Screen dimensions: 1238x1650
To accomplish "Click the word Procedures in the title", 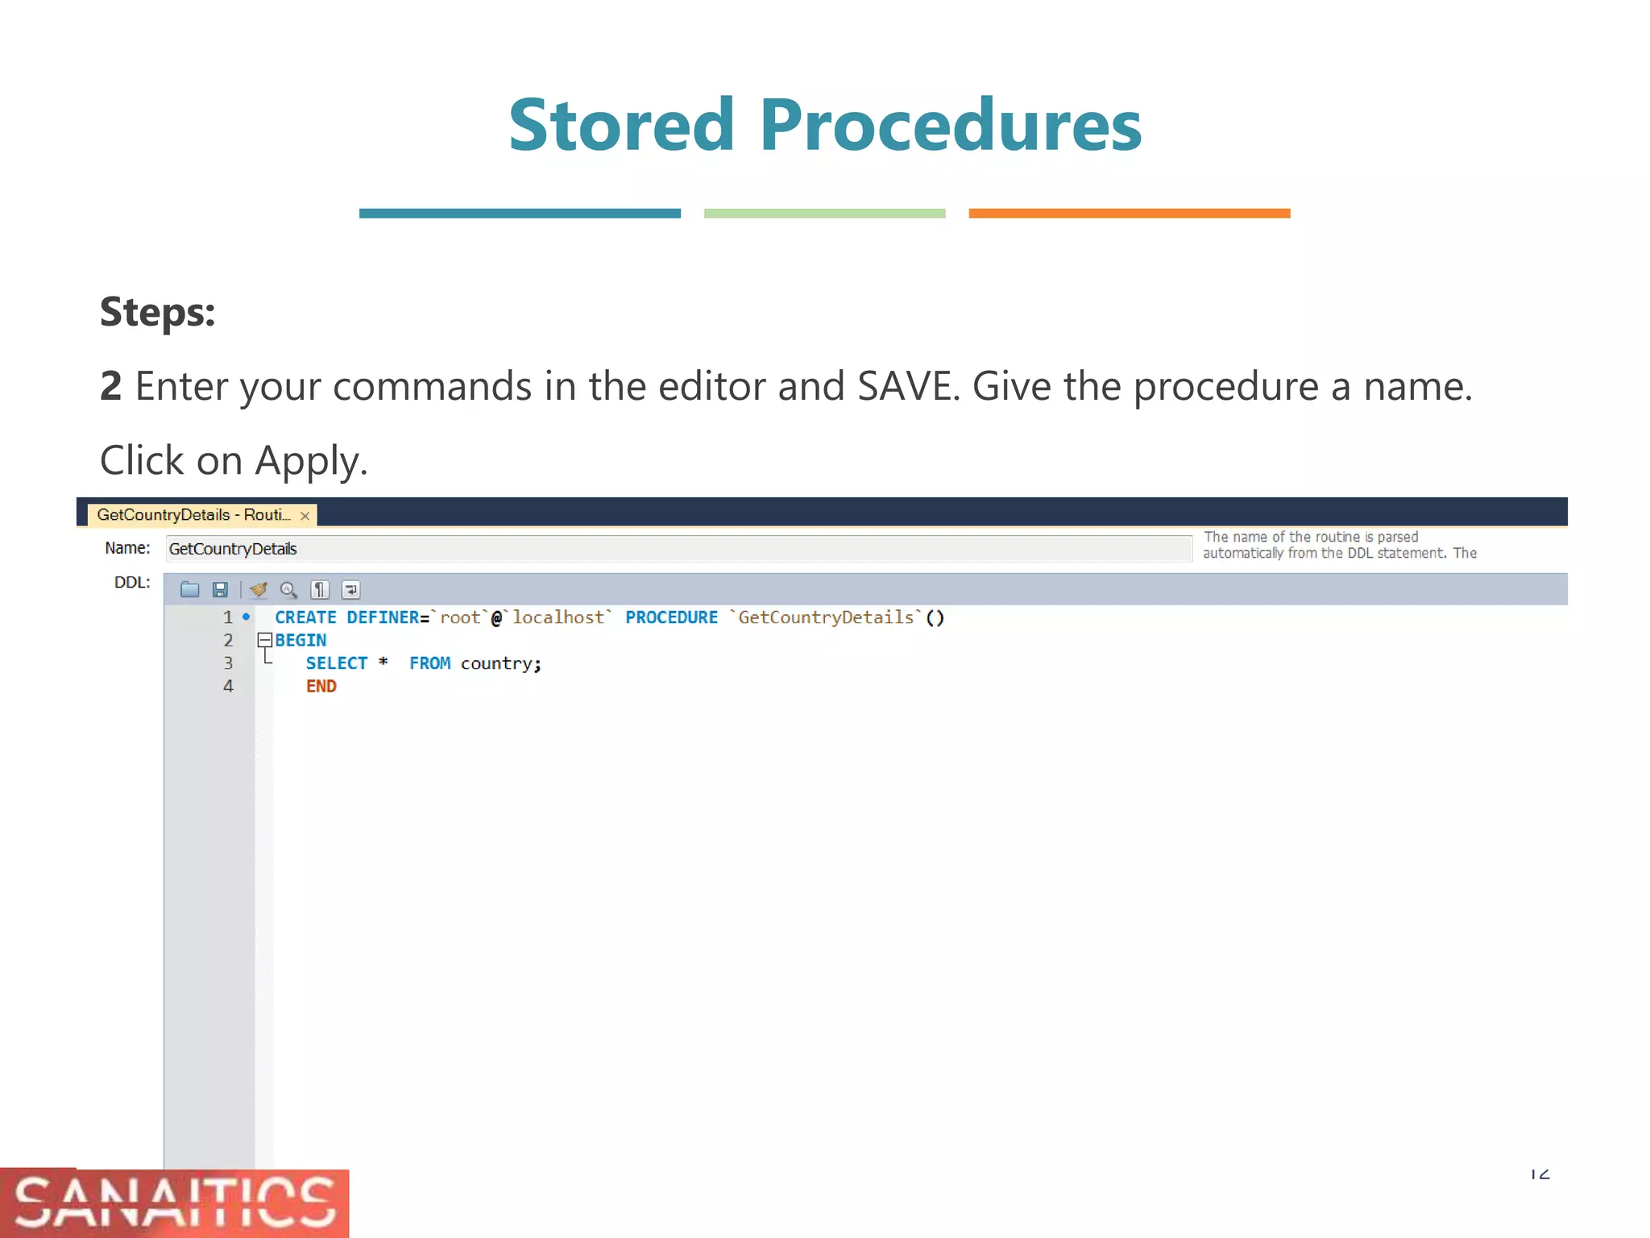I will pyautogui.click(x=951, y=126).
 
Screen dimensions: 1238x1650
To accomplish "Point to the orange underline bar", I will pyautogui.click(x=1129, y=214).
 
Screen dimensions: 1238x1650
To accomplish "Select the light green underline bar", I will pyautogui.click(x=824, y=214).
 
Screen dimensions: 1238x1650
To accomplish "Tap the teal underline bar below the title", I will pyautogui.click(x=520, y=214).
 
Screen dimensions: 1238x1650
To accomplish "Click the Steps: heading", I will pyautogui.click(x=158, y=312).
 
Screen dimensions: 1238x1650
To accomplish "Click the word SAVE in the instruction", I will pyautogui.click(x=907, y=386).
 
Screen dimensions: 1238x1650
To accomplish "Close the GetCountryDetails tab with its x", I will pyautogui.click(x=305, y=516).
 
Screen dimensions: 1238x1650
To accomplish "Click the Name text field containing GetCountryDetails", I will pyautogui.click(x=677, y=549).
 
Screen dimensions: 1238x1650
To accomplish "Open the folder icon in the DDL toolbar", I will pyautogui.click(x=189, y=590).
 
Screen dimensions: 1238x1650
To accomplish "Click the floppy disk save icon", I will pyautogui.click(x=220, y=590).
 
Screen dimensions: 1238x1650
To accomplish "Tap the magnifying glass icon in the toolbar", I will pyautogui.click(x=288, y=590).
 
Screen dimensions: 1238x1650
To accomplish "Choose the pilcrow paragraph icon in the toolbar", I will pyautogui.click(x=320, y=590).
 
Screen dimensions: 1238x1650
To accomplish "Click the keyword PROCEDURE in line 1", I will pyautogui.click(x=671, y=618).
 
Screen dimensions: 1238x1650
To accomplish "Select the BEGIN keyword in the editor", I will pyautogui.click(x=301, y=641).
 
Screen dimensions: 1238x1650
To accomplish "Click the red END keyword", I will pyautogui.click(x=321, y=687).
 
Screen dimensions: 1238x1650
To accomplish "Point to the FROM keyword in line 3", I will pyautogui.click(x=429, y=663).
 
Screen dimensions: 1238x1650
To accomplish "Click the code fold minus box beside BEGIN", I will pyautogui.click(x=264, y=640).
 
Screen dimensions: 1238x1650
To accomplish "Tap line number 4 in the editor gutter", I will pyautogui.click(x=228, y=687).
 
